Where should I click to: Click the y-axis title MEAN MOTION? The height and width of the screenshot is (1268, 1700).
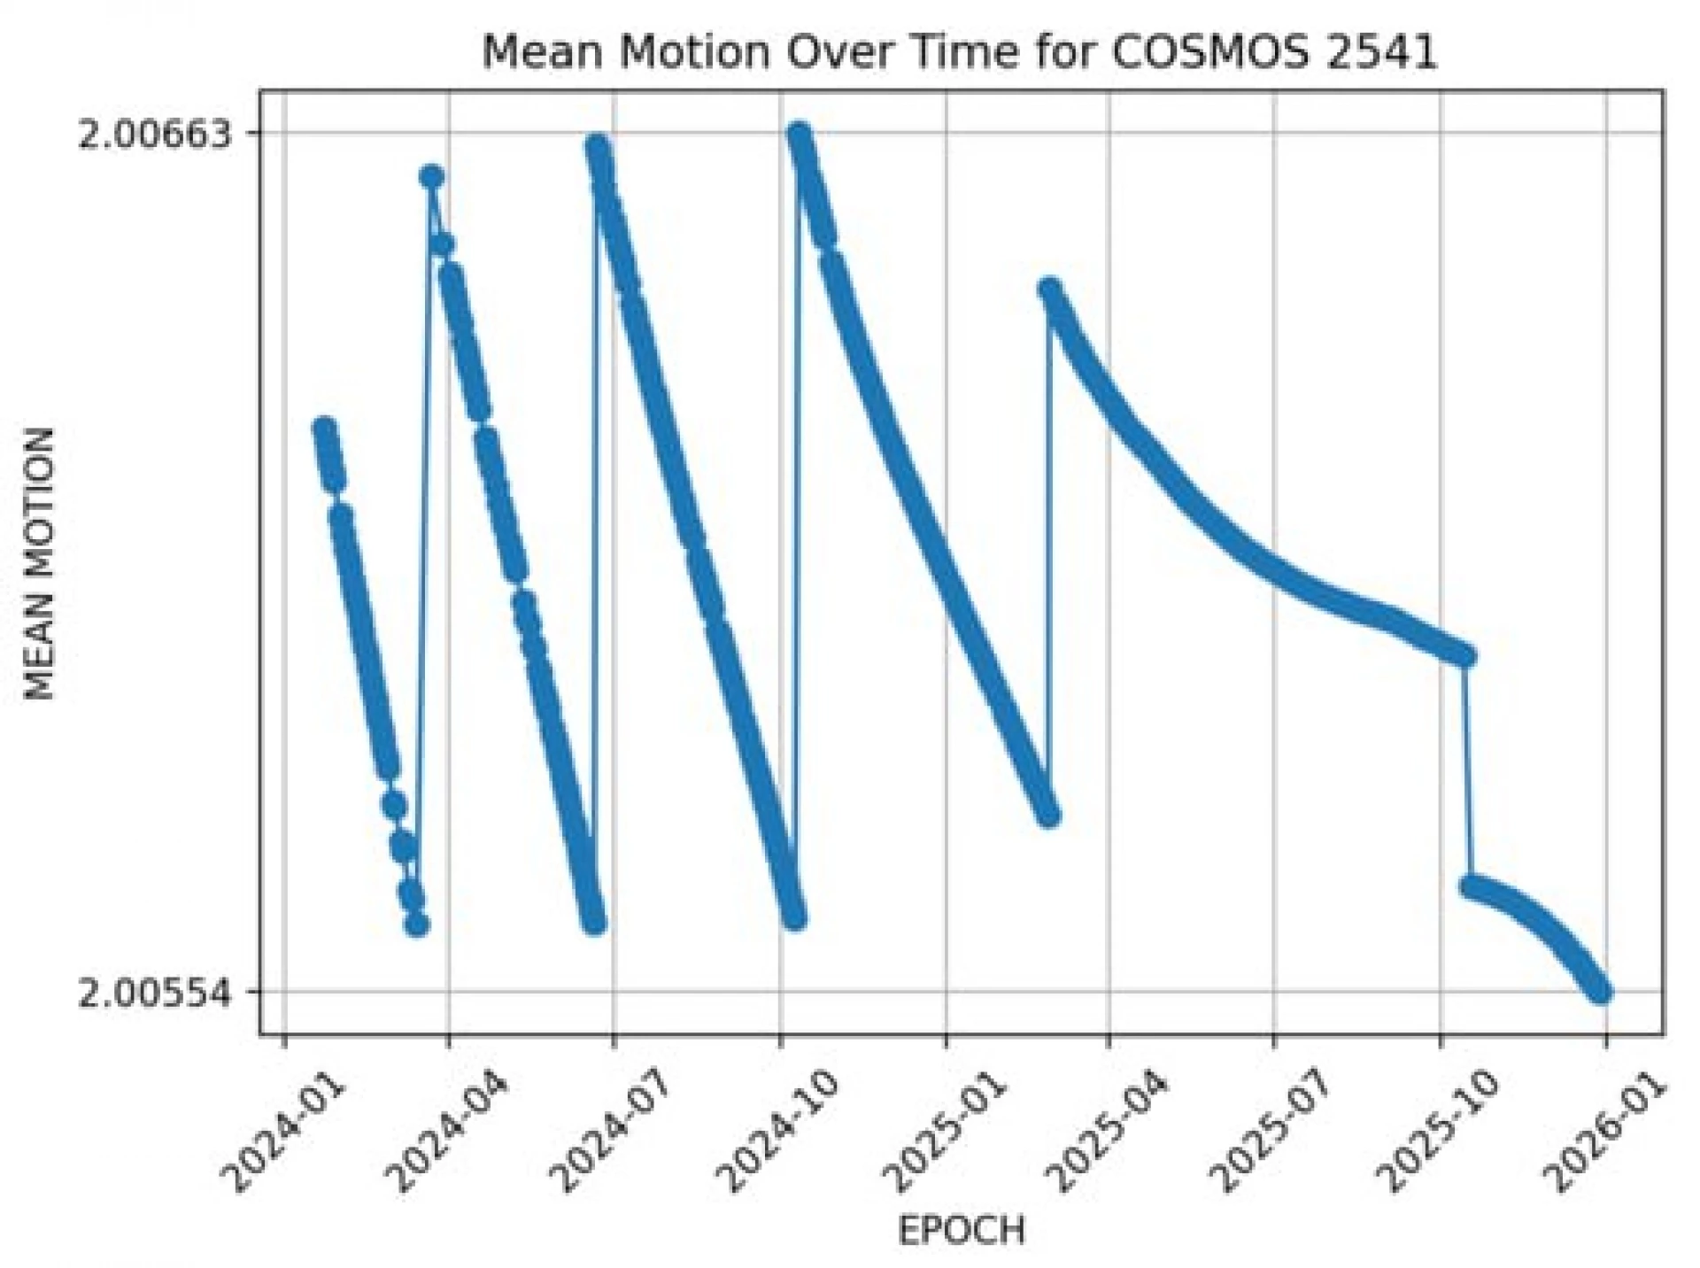40,564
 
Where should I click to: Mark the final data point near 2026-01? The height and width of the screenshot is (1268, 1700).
1600,992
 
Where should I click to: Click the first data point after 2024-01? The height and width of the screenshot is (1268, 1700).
323,429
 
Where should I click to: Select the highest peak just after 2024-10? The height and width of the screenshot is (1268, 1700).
799,135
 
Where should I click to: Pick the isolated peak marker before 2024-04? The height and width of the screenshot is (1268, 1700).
431,177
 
